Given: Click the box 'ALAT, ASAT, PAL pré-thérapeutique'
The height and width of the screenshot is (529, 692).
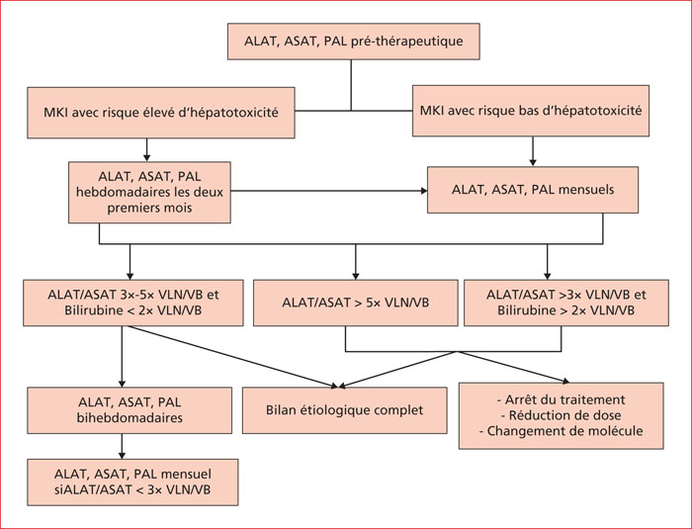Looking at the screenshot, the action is point(354,42).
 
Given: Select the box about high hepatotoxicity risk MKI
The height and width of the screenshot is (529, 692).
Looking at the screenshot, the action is point(161,113).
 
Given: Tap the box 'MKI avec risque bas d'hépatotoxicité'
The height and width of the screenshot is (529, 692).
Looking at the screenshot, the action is point(531,111).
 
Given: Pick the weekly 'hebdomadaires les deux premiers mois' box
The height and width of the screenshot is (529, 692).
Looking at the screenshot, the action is point(149,192).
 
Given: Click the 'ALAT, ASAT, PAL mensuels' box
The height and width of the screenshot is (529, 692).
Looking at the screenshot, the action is point(533,190).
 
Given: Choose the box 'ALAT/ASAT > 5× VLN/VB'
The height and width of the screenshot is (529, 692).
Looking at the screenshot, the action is point(356,303).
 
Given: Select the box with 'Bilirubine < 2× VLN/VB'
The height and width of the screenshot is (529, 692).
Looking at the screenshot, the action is point(133,303).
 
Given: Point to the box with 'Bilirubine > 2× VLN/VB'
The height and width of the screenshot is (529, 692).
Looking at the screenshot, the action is point(566,303).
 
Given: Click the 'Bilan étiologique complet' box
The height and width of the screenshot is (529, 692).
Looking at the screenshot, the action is point(345,410).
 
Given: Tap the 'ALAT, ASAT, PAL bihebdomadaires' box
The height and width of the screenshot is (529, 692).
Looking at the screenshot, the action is point(130,410).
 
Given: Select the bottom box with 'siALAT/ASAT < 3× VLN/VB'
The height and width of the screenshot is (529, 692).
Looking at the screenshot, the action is point(132,483).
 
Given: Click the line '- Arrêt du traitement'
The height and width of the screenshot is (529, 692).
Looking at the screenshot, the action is point(561,399).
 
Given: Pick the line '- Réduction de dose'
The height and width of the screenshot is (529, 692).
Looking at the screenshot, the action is point(561,415).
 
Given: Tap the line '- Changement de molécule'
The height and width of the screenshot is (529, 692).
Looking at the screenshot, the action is point(561,430).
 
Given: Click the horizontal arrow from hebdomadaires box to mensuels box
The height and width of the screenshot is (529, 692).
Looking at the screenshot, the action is point(329,191).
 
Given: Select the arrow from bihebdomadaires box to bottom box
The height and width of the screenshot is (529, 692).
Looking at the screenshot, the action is point(123,446).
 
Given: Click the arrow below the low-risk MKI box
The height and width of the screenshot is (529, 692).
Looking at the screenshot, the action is point(533,151).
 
